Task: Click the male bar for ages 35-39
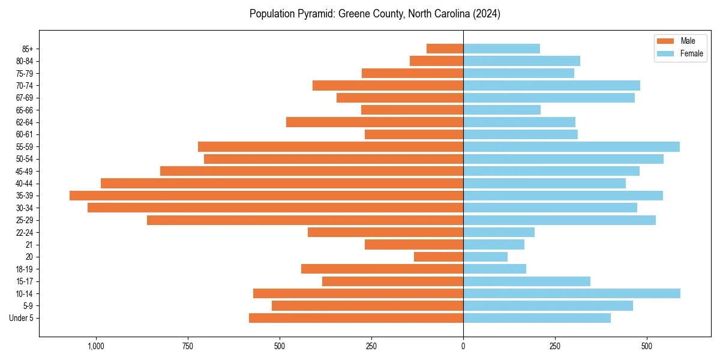(266, 196)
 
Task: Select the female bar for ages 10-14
(572, 293)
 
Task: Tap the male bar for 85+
(445, 49)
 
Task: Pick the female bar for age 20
(485, 257)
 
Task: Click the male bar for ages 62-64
(374, 122)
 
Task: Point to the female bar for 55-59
(571, 146)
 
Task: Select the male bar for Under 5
(356, 318)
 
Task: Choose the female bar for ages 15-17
(527, 281)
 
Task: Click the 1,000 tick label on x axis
(95, 346)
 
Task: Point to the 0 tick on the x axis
(463, 346)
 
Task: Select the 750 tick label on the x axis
(187, 346)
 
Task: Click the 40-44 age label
(25, 184)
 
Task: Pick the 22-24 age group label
(25, 233)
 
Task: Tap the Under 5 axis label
(22, 318)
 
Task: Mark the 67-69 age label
(25, 98)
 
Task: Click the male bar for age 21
(414, 245)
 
